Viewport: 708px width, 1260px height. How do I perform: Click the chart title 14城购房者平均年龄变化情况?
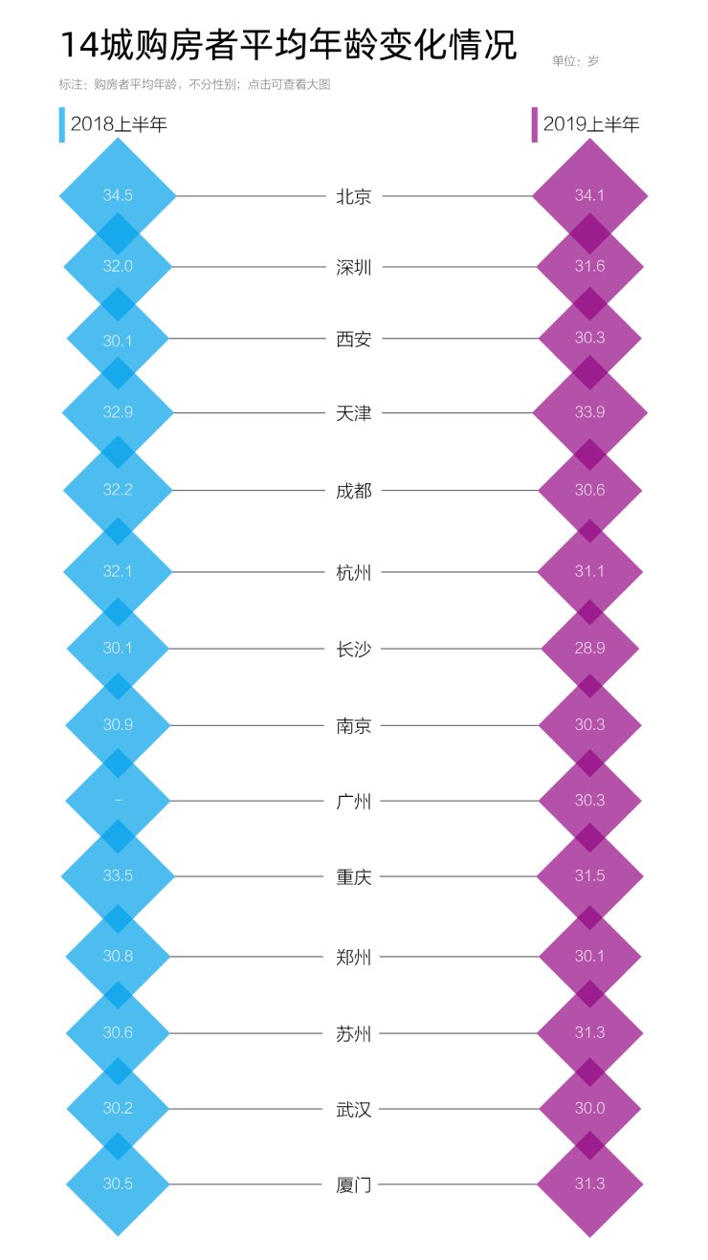coord(288,45)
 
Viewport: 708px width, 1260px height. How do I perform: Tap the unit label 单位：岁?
coord(575,60)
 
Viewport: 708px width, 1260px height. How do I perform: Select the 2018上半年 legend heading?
coord(119,124)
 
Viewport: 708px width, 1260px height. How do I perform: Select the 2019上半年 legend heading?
coord(591,124)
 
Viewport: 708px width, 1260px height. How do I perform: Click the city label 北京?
coord(354,196)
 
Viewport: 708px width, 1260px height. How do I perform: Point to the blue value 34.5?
coord(118,195)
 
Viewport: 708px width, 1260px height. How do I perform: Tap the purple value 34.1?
coord(589,195)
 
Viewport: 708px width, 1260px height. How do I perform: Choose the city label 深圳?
coord(354,267)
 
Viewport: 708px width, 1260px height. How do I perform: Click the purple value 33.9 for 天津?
coord(589,412)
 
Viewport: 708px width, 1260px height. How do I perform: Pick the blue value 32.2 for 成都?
coord(118,490)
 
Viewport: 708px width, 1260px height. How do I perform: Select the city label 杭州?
coord(354,573)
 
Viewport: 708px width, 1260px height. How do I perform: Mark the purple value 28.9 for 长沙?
coord(589,648)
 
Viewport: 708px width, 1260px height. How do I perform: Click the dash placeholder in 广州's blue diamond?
coord(118,800)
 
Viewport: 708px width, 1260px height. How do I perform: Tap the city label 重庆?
coord(354,877)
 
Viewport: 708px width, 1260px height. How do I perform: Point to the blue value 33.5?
coord(118,875)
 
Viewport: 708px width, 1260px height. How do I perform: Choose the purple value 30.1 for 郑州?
coord(589,957)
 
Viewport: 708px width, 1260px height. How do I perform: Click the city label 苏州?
coord(354,1034)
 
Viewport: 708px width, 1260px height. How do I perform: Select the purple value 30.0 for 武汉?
coord(589,1108)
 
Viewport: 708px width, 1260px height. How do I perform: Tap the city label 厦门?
coord(354,1184)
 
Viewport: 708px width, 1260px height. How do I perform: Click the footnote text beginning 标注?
coord(194,84)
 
